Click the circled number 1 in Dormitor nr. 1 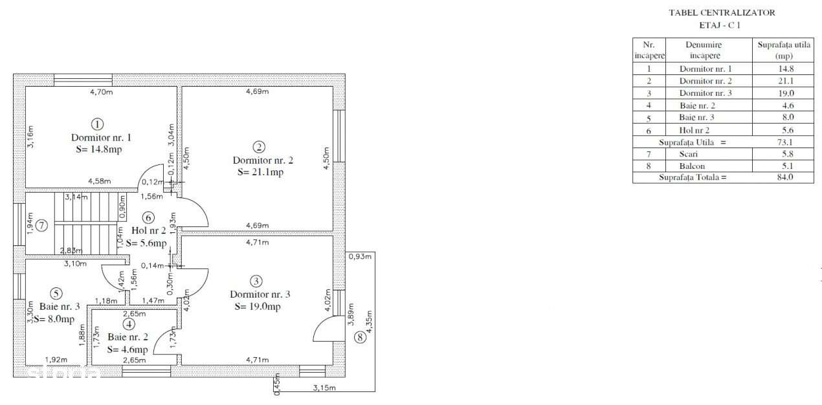tap(97, 124)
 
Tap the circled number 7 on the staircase tap(41, 226)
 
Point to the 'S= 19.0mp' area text tap(258, 307)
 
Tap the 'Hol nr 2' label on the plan tap(149, 230)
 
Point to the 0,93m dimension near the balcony tap(360, 257)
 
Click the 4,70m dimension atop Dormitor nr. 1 tap(101, 92)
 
